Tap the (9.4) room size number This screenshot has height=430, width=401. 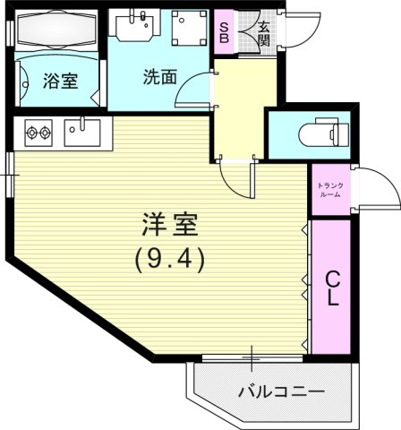pyautogui.click(x=170, y=259)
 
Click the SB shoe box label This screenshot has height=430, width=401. pyautogui.click(x=224, y=32)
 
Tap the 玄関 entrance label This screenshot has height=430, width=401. pyautogui.click(x=264, y=33)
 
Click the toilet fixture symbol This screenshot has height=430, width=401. pyautogui.click(x=322, y=134)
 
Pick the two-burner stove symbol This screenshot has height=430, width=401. pyautogui.click(x=38, y=133)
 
